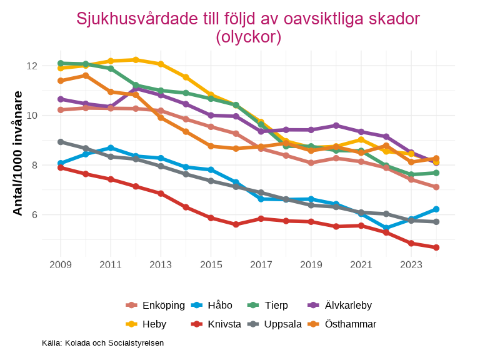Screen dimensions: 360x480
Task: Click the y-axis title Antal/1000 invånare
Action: (18, 153)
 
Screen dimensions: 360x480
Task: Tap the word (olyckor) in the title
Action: (248, 37)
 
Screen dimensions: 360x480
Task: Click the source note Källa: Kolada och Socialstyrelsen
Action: (102, 343)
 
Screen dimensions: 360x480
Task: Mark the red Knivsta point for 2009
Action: (61, 167)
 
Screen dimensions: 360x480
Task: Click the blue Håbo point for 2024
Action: (436, 209)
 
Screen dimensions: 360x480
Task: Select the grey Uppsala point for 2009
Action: (61, 142)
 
